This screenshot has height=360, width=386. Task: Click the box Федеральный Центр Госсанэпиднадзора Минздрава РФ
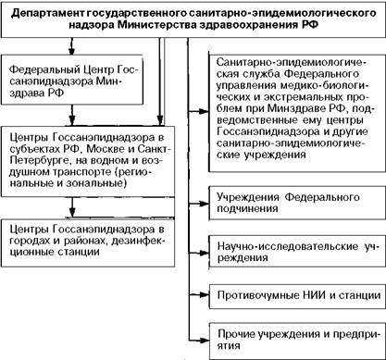point(72,81)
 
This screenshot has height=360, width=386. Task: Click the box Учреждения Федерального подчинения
point(297,203)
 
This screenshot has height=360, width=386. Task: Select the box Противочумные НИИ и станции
point(297,296)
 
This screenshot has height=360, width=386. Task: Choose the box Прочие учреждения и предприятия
point(297,341)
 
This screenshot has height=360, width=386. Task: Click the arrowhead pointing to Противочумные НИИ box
point(204,295)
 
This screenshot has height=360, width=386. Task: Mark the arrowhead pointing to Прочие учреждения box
point(204,341)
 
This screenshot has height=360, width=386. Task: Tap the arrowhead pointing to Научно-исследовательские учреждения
point(204,253)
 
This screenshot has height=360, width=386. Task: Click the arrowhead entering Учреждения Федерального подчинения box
point(204,204)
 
